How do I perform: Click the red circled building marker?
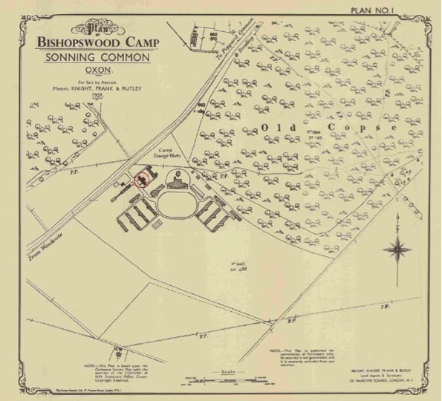tap(140, 178)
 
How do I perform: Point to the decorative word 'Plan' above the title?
tap(95, 30)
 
